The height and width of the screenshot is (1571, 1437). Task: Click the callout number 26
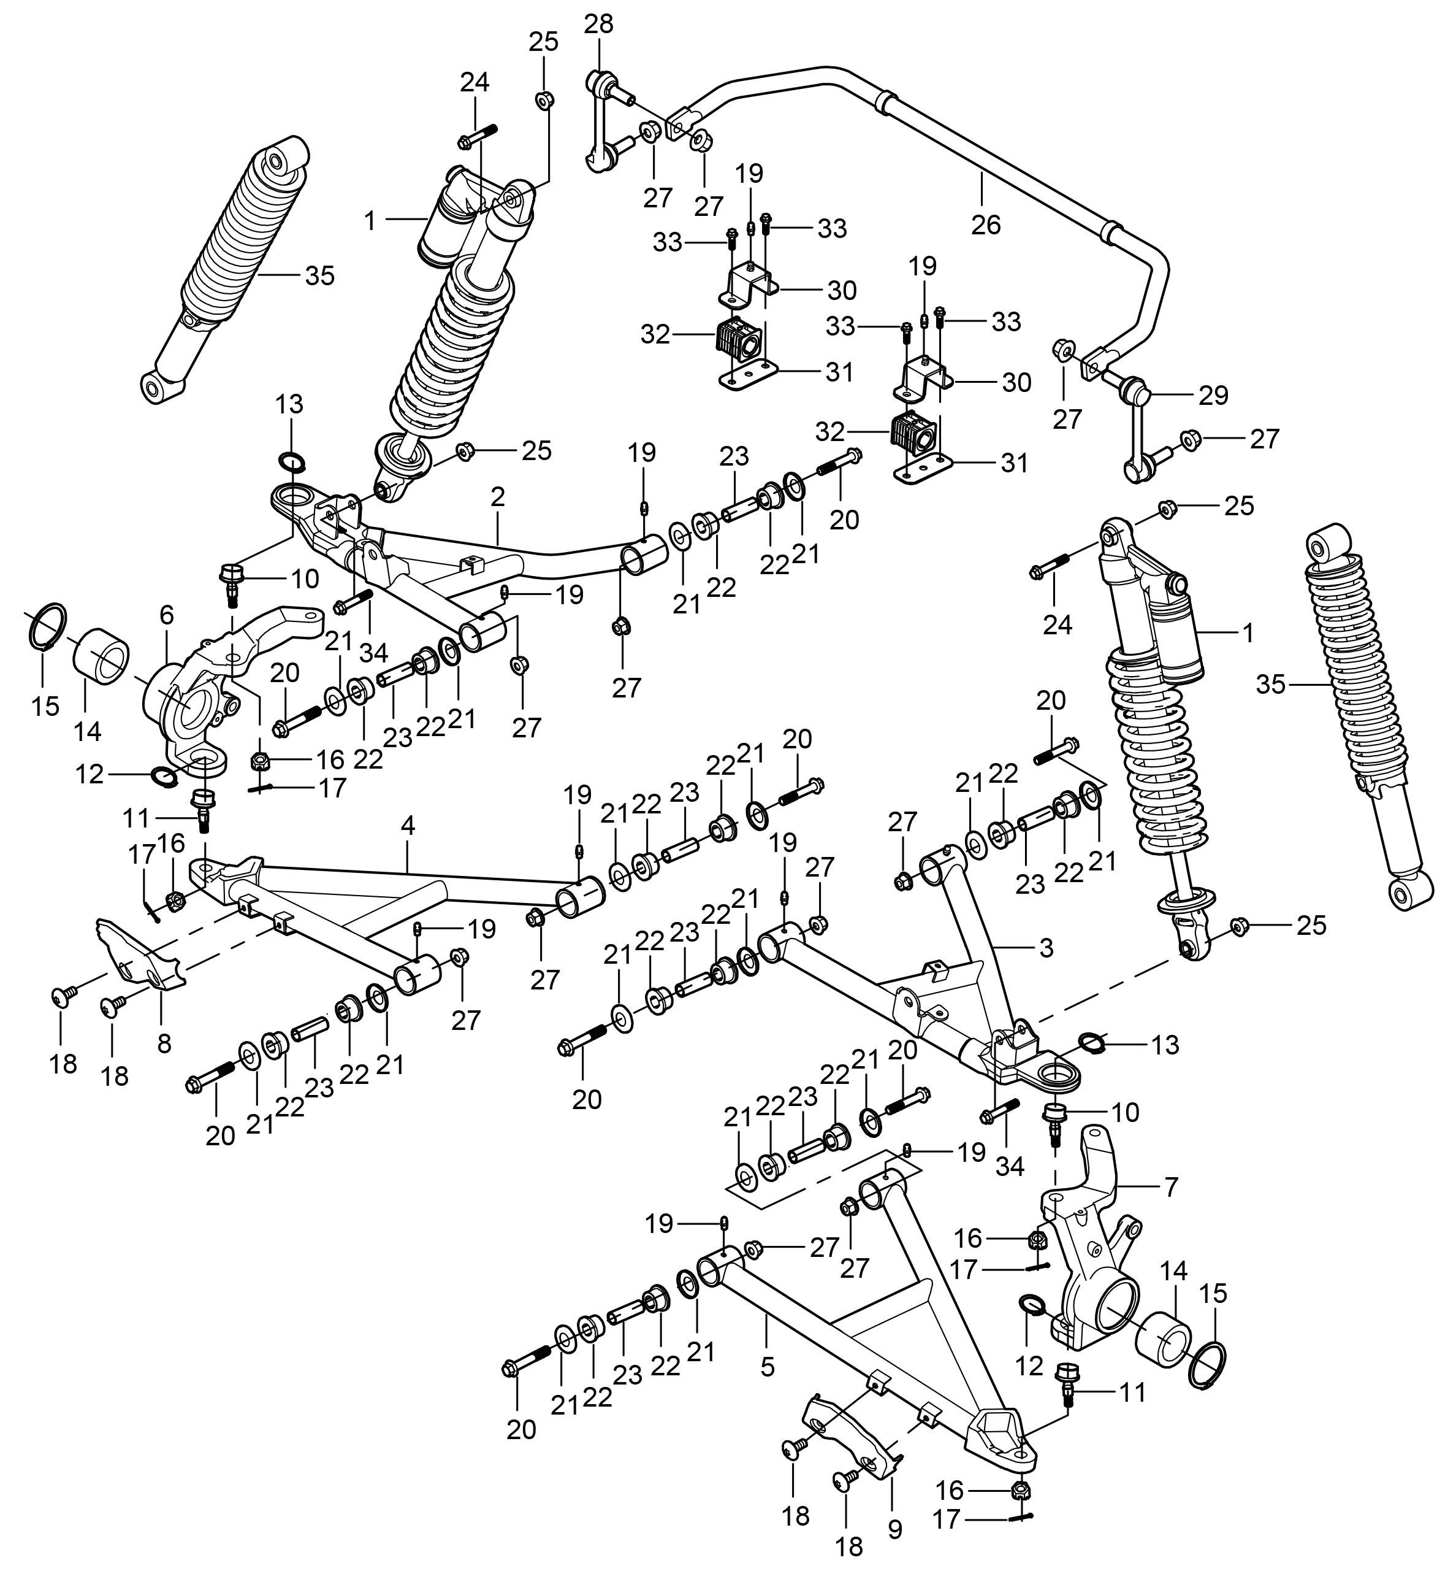985,225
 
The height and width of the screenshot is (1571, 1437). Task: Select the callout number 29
1213,395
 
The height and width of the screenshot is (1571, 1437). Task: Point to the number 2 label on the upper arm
498,497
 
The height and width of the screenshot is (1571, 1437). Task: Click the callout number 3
1046,948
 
